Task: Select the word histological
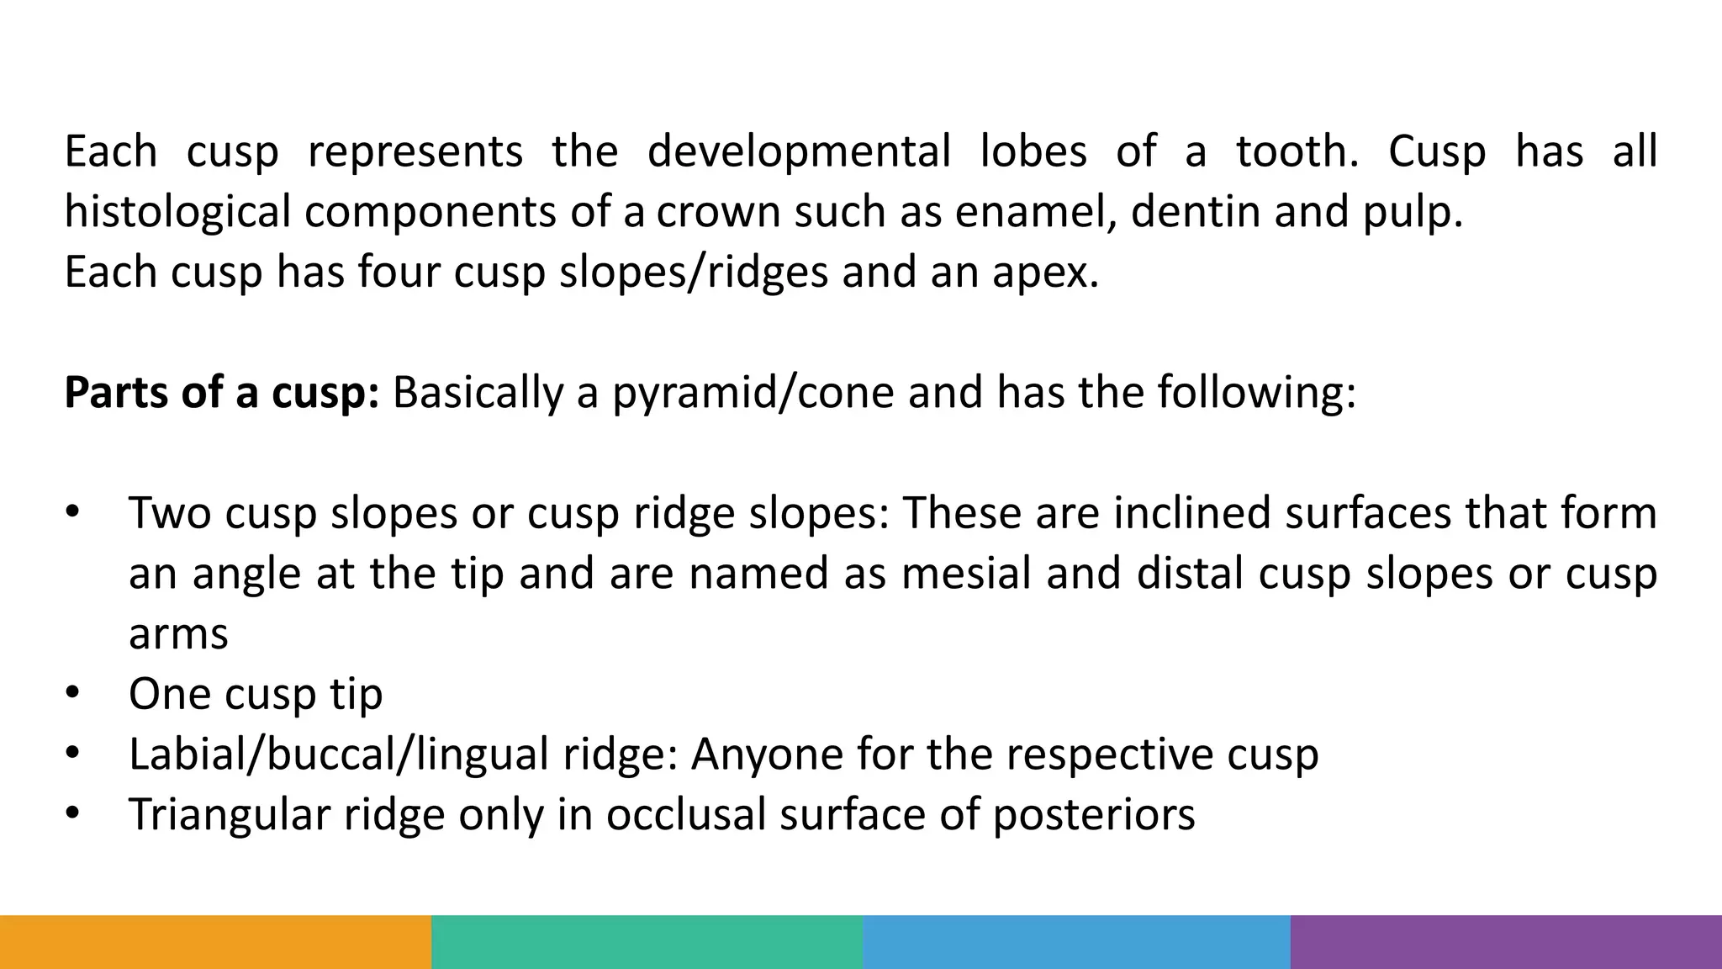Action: (177, 212)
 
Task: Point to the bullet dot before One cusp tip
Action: (72, 693)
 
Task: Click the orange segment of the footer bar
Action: (215, 942)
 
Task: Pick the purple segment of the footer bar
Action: (1506, 942)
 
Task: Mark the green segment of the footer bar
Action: (647, 942)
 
